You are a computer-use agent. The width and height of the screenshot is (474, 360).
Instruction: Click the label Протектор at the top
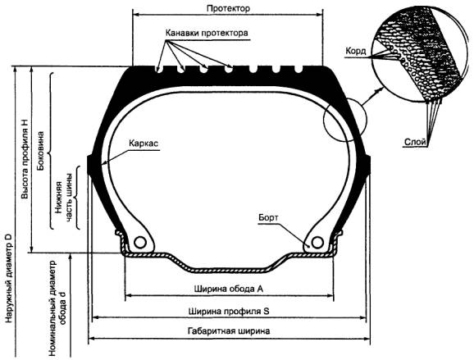click(x=228, y=8)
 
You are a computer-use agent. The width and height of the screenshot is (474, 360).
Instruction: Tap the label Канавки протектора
click(x=207, y=33)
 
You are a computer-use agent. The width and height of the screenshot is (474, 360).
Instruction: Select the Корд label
click(x=356, y=51)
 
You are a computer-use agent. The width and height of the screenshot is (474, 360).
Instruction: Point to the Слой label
click(x=415, y=142)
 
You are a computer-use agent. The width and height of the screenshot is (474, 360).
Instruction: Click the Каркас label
click(x=144, y=143)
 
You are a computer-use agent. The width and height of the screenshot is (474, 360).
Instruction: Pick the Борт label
click(x=268, y=217)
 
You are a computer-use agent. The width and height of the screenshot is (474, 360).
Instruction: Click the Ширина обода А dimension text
click(x=229, y=289)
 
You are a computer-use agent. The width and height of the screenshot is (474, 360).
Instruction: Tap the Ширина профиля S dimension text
click(x=229, y=311)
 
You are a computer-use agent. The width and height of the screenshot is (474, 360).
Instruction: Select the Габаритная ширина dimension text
click(x=229, y=330)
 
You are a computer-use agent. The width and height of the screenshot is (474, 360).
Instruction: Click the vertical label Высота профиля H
click(x=25, y=159)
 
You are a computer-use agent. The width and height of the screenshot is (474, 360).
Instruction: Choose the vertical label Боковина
click(x=39, y=151)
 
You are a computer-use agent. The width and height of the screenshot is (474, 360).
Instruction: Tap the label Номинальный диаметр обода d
click(x=57, y=308)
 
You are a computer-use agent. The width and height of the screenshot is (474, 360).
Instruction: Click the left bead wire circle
click(x=140, y=242)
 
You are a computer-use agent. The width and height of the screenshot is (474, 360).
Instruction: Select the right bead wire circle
click(x=317, y=242)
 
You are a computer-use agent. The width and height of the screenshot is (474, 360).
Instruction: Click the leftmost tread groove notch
click(x=157, y=69)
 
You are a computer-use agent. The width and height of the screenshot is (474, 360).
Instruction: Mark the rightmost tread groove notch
click(x=299, y=69)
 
